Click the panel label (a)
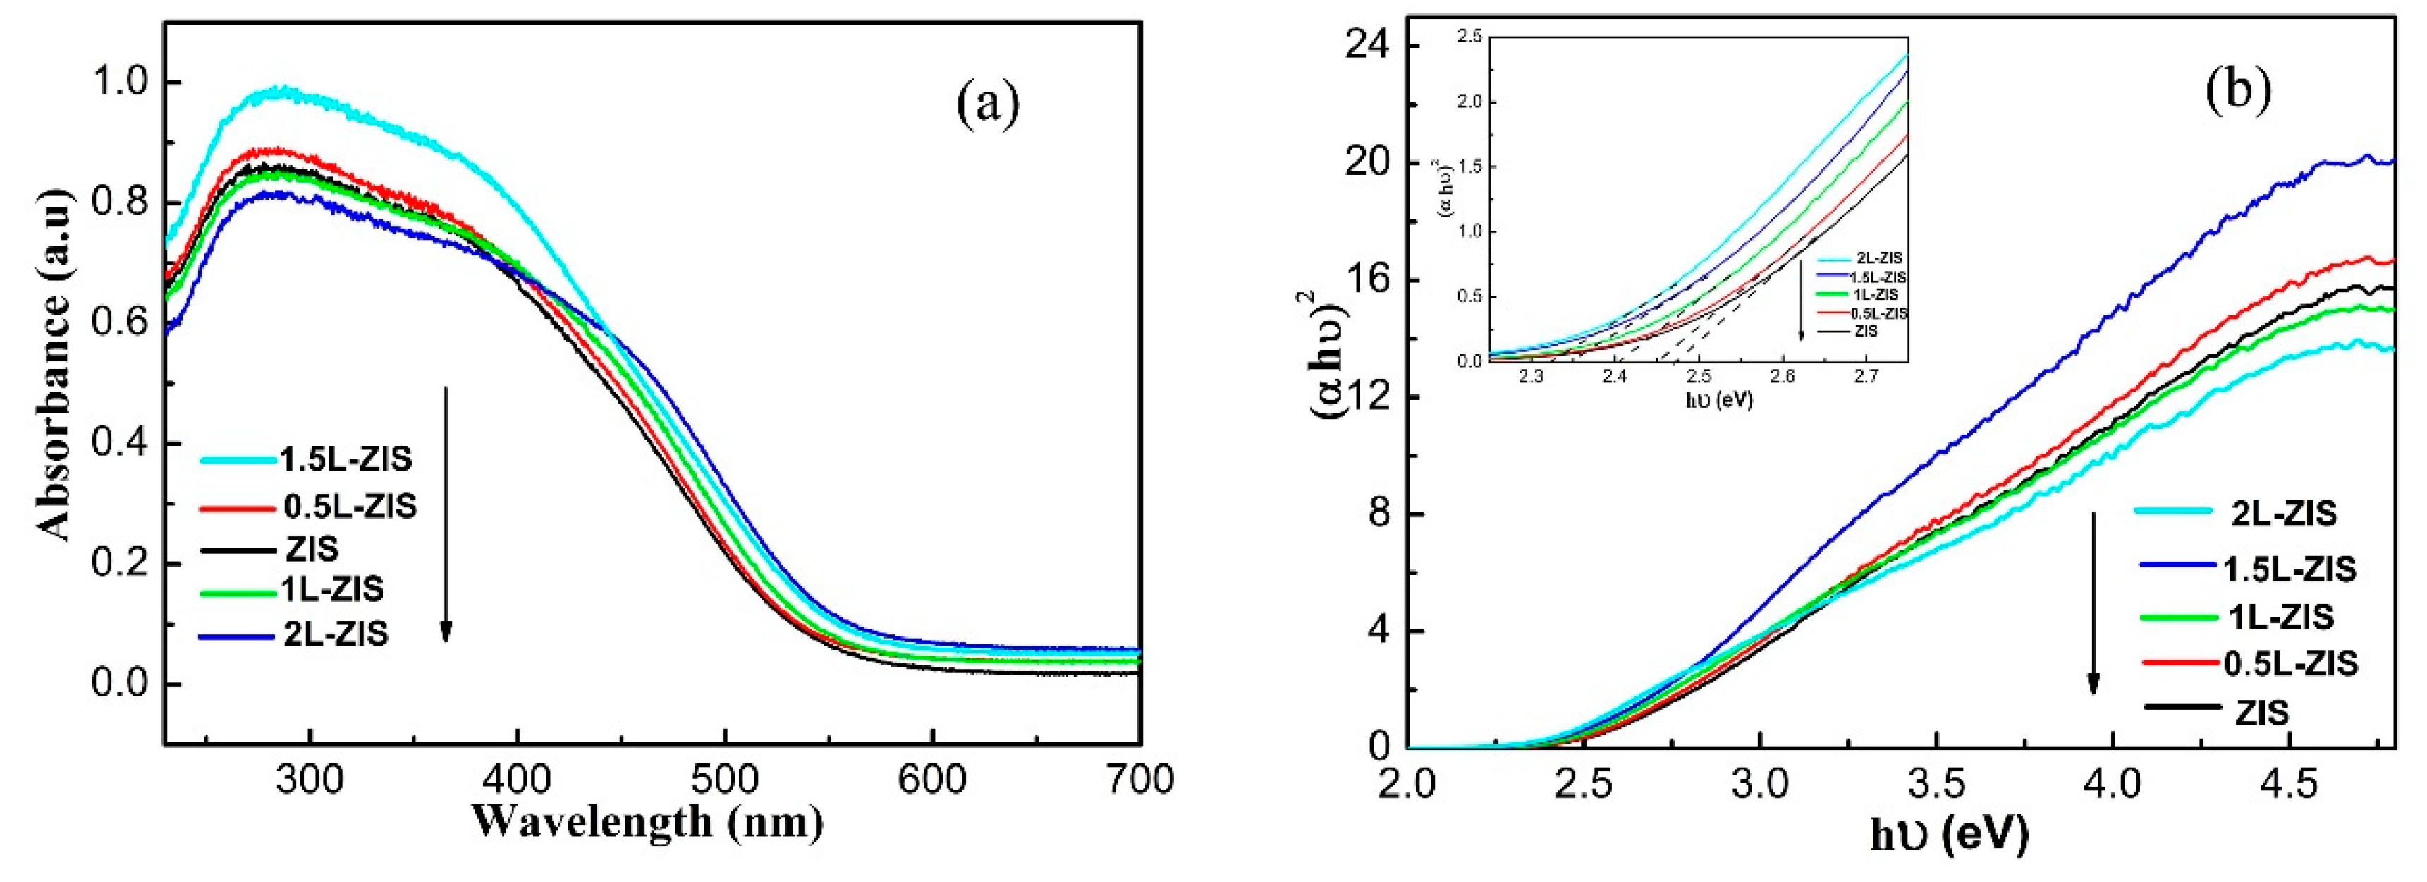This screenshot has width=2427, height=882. [x=987, y=104]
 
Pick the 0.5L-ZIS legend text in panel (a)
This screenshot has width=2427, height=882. [x=350, y=506]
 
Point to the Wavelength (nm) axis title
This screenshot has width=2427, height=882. [x=647, y=821]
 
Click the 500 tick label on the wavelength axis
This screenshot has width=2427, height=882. [x=725, y=780]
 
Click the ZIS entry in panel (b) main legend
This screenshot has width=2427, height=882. [x=2261, y=713]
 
